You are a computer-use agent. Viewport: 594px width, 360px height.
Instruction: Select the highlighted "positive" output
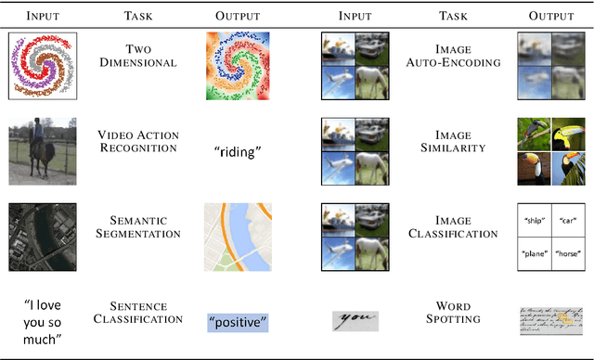[x=237, y=322]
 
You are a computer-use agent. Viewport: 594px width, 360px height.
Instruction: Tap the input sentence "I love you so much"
[x=42, y=319]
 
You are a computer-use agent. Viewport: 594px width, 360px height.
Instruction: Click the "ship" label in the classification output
[x=534, y=220]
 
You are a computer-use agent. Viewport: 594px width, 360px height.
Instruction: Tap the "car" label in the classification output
[x=568, y=220]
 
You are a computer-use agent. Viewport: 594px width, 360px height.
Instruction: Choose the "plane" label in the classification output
[x=534, y=252]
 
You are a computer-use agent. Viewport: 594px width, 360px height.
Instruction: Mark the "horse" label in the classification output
[x=568, y=252]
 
